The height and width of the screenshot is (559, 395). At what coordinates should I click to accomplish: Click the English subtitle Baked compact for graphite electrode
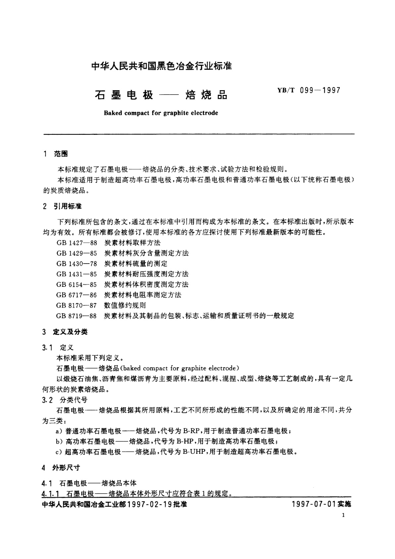(x=161, y=113)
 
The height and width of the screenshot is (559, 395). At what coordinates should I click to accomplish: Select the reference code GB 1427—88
(x=77, y=243)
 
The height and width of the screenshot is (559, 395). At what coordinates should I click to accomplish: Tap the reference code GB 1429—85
(x=77, y=253)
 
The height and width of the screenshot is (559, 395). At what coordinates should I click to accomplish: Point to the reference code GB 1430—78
(x=77, y=264)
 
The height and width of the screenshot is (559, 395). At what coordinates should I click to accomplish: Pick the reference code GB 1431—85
(x=77, y=274)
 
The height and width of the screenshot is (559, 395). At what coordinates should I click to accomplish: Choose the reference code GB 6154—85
(x=77, y=284)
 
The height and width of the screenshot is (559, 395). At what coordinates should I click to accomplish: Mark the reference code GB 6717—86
(x=77, y=295)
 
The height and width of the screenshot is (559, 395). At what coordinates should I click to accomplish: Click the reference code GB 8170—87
(x=77, y=305)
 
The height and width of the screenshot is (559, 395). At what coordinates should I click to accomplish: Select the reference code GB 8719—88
(x=77, y=316)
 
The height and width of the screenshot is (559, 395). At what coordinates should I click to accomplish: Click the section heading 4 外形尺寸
(x=62, y=468)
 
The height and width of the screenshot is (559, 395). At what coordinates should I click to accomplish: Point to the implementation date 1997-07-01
(x=314, y=504)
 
